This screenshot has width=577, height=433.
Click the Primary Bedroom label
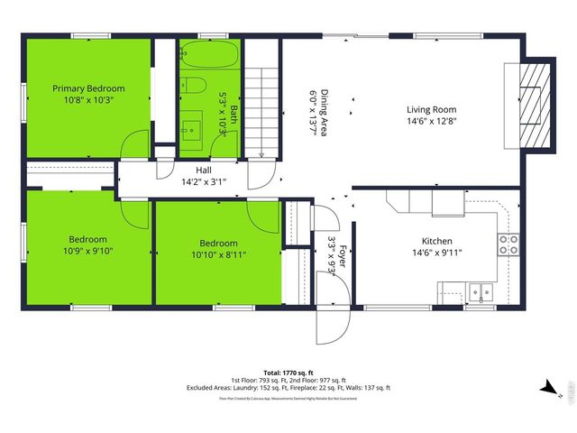[88, 88]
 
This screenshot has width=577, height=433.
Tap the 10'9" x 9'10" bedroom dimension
[88, 252]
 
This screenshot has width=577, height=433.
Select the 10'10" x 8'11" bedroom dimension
[218, 254]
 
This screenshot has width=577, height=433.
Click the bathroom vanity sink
[192, 127]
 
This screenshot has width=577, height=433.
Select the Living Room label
[431, 109]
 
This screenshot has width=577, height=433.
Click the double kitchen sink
[480, 291]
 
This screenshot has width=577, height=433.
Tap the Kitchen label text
[437, 241]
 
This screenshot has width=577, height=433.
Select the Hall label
[204, 170]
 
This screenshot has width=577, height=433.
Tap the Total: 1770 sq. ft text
[288, 373]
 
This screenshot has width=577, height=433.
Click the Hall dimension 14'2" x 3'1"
[204, 181]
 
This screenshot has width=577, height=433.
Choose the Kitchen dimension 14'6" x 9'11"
[437, 253]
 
